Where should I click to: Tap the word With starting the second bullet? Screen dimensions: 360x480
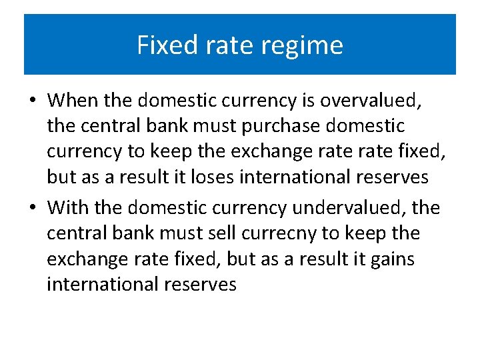pos(68,208)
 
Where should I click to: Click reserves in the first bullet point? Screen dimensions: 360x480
pos(397,177)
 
